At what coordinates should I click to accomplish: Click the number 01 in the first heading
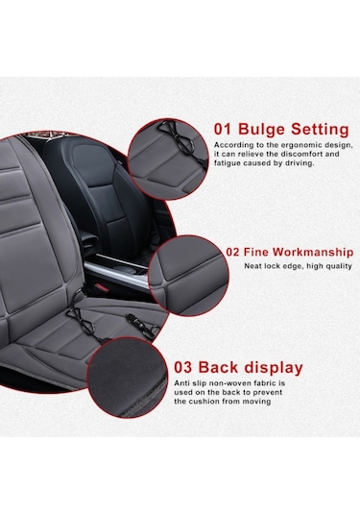point(223,129)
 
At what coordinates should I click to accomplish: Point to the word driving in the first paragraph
point(301,163)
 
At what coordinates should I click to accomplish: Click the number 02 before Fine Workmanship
point(233,253)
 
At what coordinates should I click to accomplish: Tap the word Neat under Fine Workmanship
point(252,266)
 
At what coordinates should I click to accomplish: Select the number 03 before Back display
point(182,367)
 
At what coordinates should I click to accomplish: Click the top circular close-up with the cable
point(168,159)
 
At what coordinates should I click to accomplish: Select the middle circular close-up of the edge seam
point(188,276)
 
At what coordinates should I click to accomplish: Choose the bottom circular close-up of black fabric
point(128,378)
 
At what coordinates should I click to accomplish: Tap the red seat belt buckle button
point(101,287)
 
